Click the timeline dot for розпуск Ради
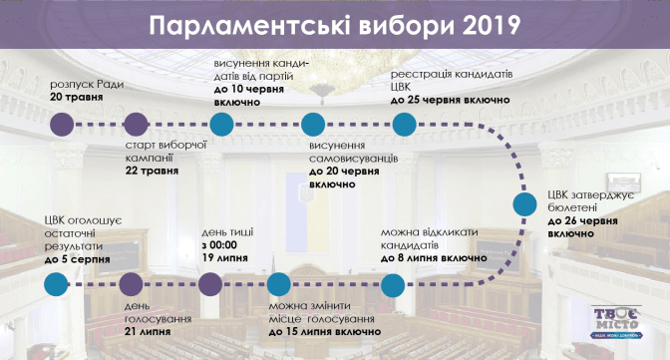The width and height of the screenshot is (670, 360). (x=62, y=125)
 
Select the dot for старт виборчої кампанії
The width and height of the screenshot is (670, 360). (x=136, y=125)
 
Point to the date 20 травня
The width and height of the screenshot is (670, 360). (x=77, y=97)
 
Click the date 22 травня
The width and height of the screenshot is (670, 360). (x=153, y=171)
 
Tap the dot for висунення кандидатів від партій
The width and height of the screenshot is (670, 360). (x=221, y=125)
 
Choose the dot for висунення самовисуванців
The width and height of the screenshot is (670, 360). (x=313, y=125)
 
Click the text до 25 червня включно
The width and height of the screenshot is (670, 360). (x=451, y=100)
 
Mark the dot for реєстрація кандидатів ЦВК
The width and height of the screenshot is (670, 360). (x=404, y=125)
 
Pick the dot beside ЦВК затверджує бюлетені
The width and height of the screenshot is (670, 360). (x=524, y=204)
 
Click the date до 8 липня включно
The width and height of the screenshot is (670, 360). (x=434, y=258)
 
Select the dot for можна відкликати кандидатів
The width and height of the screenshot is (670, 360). (x=393, y=285)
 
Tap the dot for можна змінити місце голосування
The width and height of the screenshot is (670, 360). (x=279, y=285)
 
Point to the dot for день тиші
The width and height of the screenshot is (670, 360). (x=210, y=285)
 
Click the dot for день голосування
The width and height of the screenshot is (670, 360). (x=131, y=285)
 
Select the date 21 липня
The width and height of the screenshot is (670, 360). (x=148, y=332)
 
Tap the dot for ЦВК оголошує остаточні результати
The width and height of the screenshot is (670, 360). (x=56, y=285)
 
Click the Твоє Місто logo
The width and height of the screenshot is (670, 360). (x=616, y=322)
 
